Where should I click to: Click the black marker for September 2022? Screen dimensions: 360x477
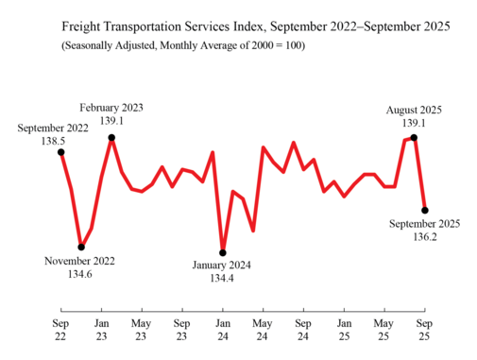coord(61,151)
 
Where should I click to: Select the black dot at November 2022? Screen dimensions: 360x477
coord(82,248)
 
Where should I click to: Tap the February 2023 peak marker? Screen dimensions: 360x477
coord(112,138)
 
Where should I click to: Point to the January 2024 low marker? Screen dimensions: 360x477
coord(223,252)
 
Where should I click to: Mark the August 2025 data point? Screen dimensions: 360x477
coord(415,138)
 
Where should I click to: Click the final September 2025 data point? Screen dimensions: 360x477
coord(425,210)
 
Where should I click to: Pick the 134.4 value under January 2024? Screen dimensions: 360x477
coord(223,279)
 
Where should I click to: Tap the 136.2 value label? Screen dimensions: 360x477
coord(425,237)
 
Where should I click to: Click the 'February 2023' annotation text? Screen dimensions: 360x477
coord(112,107)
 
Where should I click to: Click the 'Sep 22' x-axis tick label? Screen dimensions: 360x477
coord(61,328)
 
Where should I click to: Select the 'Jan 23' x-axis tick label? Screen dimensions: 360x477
coord(102,328)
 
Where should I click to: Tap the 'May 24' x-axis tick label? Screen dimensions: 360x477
coord(263,328)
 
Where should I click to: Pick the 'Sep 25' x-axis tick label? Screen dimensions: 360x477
coord(424,328)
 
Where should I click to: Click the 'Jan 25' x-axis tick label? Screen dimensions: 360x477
coord(344,328)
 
